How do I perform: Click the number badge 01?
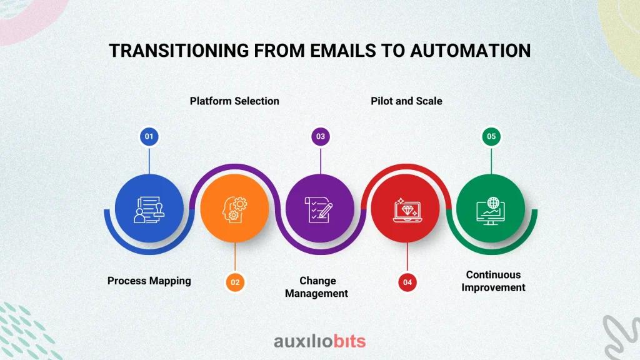point(149,136)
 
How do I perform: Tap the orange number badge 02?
point(235,282)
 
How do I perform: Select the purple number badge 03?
point(321,136)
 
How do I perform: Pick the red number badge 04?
point(407,282)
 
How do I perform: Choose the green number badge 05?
point(491,136)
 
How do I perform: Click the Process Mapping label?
point(149,281)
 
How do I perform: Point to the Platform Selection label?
point(234,101)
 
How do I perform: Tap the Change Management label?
point(317,287)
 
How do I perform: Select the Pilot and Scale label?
point(406,101)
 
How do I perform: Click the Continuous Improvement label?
point(494,281)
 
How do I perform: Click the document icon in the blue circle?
point(149,209)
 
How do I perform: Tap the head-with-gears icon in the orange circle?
point(235,209)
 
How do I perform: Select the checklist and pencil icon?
point(319,209)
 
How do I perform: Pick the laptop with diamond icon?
point(407,210)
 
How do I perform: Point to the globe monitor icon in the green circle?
point(491,211)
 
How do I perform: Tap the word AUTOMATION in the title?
point(470,51)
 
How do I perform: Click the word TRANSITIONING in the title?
point(179,51)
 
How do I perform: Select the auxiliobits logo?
point(319,341)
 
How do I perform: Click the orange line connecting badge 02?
point(235,257)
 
